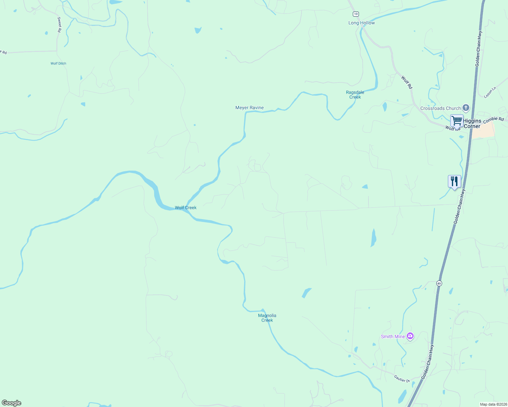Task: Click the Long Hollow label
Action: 361,23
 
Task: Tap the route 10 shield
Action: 355,14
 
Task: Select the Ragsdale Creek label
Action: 355,95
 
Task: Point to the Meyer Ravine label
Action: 249,108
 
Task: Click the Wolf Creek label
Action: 185,208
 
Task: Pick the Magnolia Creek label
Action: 267,318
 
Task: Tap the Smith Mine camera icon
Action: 410,336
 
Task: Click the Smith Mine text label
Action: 393,336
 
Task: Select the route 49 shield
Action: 439,283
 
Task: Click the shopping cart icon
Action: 457,121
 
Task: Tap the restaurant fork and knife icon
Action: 454,181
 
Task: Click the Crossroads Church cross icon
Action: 466,108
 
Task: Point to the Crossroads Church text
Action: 440,108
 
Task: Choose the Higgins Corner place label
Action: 472,123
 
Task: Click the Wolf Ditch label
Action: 58,63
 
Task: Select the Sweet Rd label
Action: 59,25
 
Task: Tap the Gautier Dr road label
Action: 402,379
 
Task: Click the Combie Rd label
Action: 493,120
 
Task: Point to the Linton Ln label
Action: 490,92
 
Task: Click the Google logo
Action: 12,403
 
